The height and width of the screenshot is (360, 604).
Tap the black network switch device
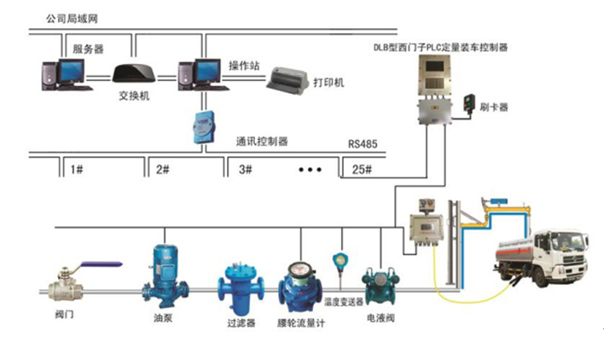coord(133,73)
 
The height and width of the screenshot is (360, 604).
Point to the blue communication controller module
coord(201,125)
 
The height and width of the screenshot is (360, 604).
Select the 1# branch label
coord(76,170)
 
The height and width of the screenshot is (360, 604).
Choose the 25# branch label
coord(363,170)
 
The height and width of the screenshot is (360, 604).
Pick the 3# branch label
coord(246,170)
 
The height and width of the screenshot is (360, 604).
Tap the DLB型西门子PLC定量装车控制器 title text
coord(442,48)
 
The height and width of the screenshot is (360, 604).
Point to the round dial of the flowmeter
coord(298,275)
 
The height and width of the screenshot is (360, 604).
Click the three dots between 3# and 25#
coord(311,170)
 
